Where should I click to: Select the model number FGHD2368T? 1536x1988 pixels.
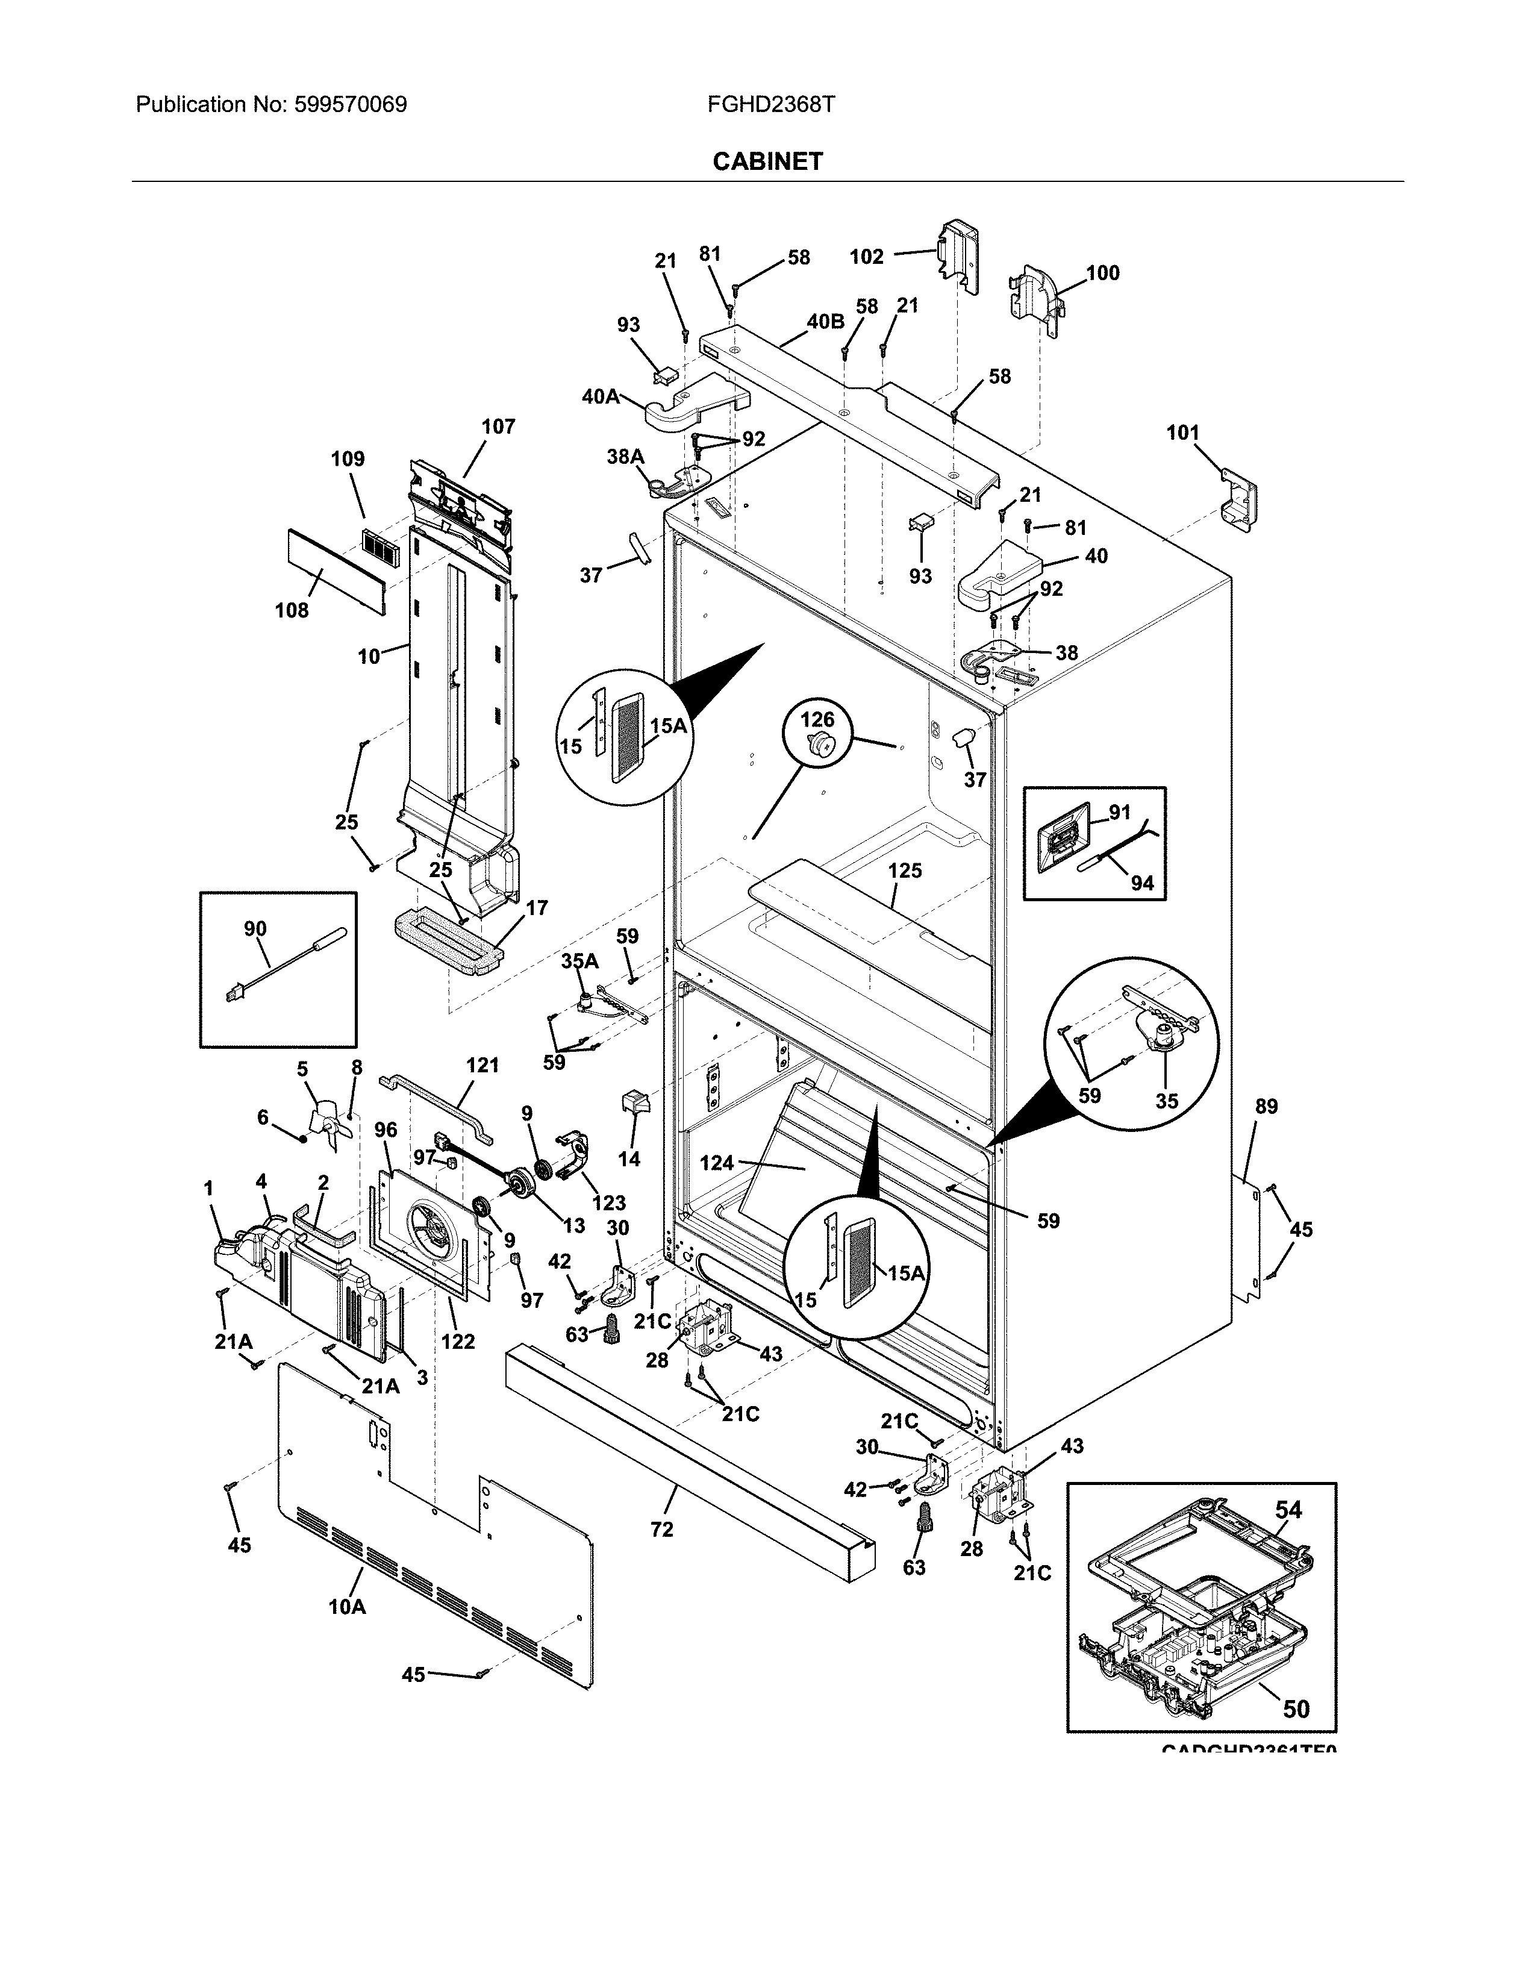pyautogui.click(x=771, y=105)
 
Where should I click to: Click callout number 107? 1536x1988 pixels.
pyautogui.click(x=498, y=426)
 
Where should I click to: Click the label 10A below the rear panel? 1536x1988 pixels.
pyautogui.click(x=347, y=1607)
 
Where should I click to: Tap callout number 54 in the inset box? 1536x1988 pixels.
pyautogui.click(x=1288, y=1510)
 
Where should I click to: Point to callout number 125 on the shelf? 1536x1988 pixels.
pyautogui.click(x=905, y=871)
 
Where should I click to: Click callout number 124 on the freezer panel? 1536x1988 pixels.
pyautogui.click(x=717, y=1163)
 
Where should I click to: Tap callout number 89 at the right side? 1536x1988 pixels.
pyautogui.click(x=1266, y=1106)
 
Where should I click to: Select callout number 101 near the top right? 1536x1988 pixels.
pyautogui.click(x=1183, y=433)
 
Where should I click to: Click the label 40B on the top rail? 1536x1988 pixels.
pyautogui.click(x=825, y=320)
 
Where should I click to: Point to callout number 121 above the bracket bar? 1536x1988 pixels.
pyautogui.click(x=482, y=1065)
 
